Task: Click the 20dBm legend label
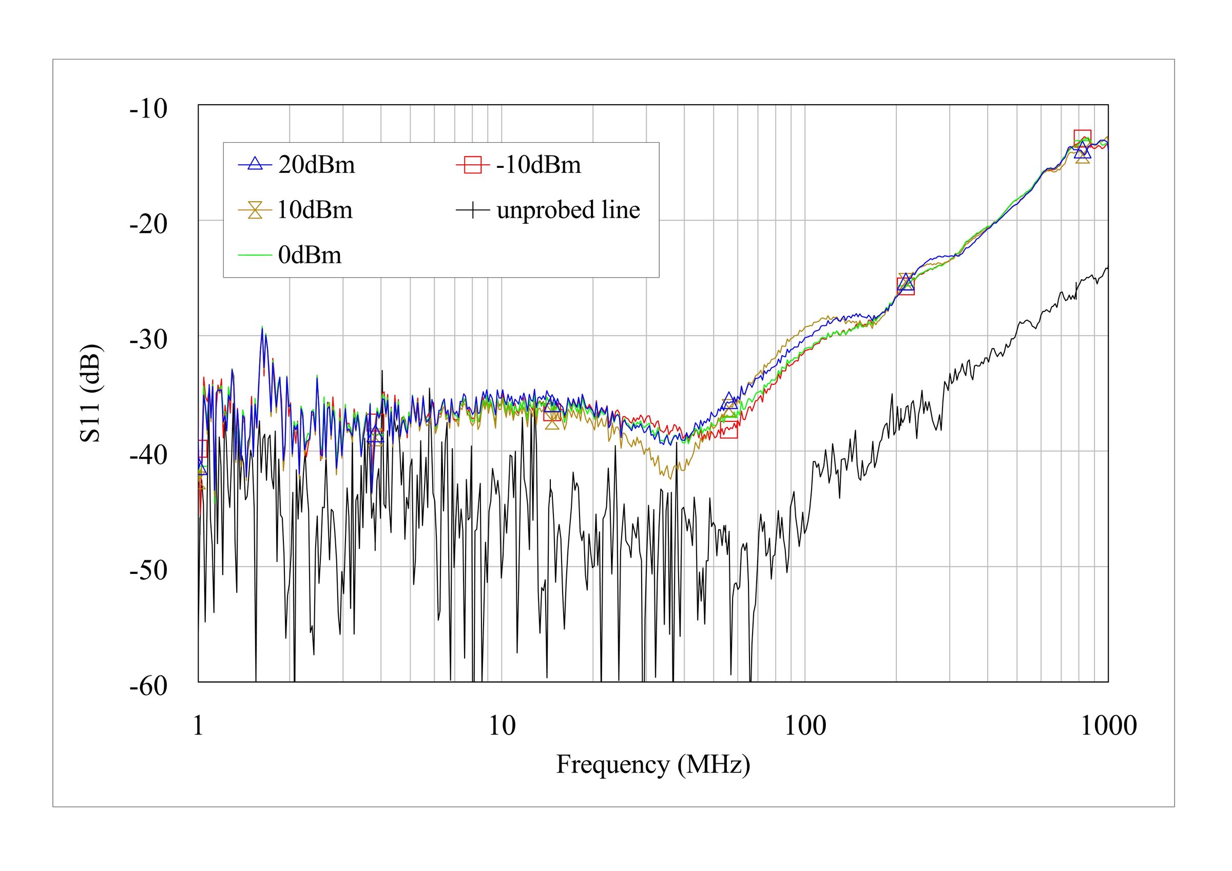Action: [x=317, y=165]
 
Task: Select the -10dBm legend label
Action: [x=538, y=165]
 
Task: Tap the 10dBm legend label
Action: [x=315, y=210]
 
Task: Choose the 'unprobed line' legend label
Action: [x=568, y=210]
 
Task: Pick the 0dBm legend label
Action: [x=310, y=256]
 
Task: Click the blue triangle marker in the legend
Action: [x=256, y=164]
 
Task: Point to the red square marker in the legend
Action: [x=473, y=164]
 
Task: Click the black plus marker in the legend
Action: [x=473, y=210]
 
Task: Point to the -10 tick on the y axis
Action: [x=149, y=109]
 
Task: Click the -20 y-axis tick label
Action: [x=149, y=224]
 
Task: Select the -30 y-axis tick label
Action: [x=149, y=340]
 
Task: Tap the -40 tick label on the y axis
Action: [x=149, y=455]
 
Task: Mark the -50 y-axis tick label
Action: [x=149, y=570]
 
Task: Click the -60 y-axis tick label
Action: [x=149, y=686]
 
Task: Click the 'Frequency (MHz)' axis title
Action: [x=653, y=765]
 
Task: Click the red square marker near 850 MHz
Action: [x=1082, y=139]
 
